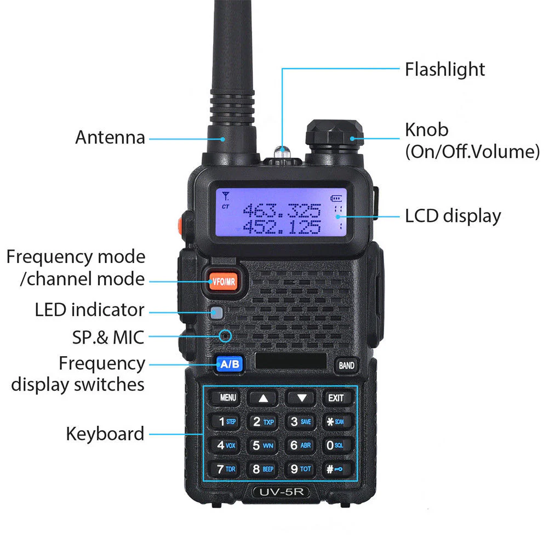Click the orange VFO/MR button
pyautogui.click(x=225, y=282)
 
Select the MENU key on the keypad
pyautogui.click(x=228, y=398)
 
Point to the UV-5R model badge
pyautogui.click(x=281, y=492)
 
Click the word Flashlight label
pyautogui.click(x=444, y=70)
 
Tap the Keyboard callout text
pyautogui.click(x=105, y=433)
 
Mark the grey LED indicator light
pyautogui.click(x=217, y=313)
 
